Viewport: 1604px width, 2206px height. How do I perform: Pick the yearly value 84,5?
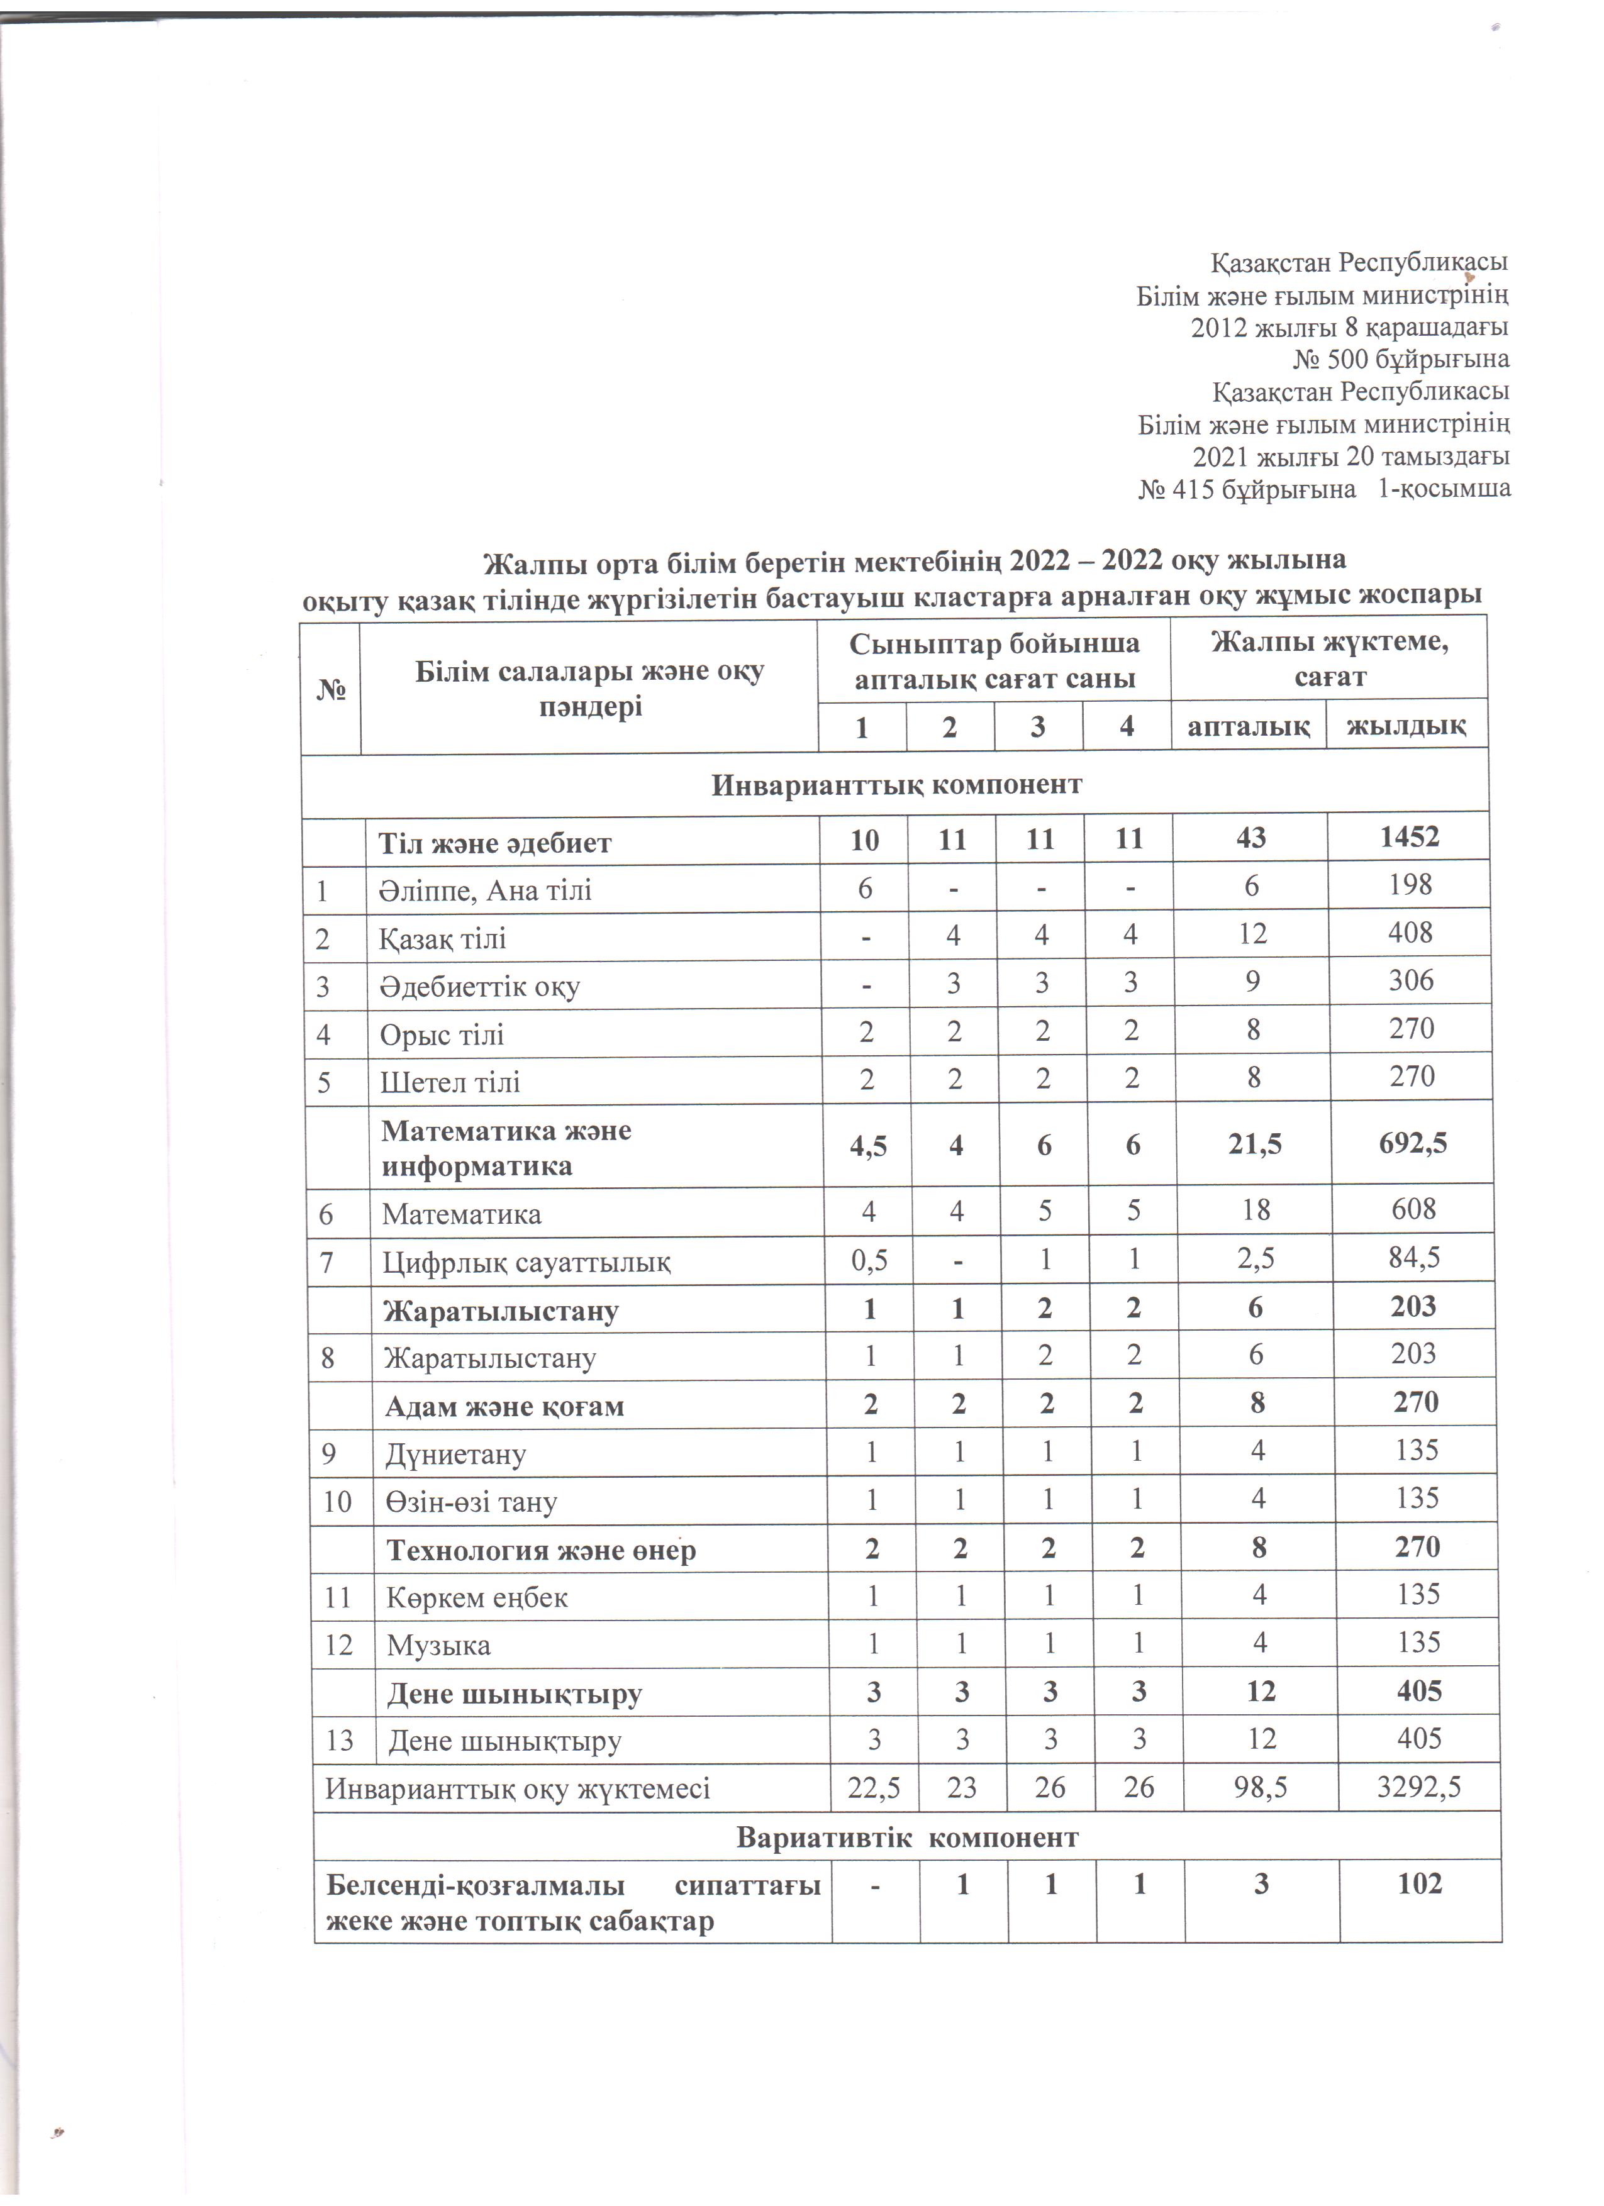point(1413,1258)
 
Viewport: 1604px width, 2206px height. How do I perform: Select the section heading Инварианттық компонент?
point(896,785)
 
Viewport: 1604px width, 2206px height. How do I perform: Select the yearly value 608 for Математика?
point(1413,1209)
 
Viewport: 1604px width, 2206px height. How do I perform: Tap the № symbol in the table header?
point(331,689)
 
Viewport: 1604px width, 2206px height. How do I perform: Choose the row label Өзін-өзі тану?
point(471,1502)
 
